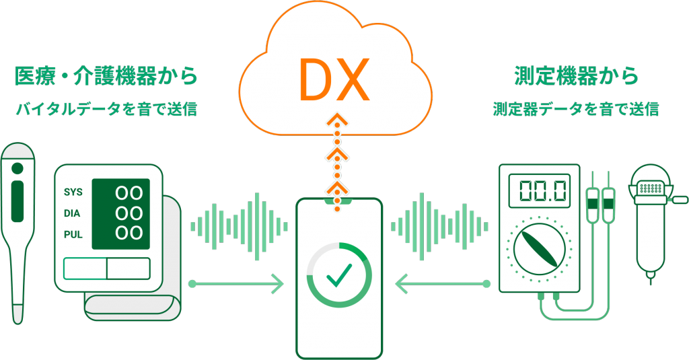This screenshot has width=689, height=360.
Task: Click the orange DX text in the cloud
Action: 334,79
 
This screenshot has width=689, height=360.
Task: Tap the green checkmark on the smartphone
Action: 339,274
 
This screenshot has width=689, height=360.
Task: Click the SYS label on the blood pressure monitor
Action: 73,192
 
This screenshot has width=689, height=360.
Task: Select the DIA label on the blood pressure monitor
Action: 73,213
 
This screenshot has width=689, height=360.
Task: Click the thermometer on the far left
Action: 18,229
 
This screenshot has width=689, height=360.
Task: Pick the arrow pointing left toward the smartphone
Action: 441,284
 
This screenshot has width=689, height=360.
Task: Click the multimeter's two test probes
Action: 600,202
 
